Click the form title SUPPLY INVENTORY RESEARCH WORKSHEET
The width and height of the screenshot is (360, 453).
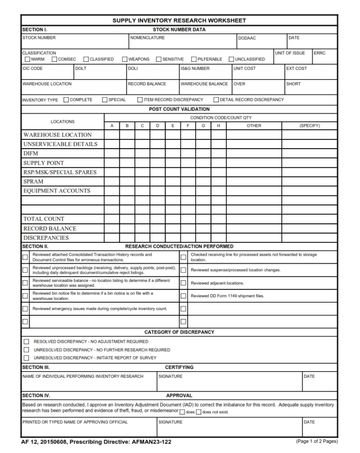(x=179, y=20)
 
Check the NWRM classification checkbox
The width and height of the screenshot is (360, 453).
(x=27, y=59)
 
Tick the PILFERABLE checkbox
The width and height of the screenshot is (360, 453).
(x=194, y=59)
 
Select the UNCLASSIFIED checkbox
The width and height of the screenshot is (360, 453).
(x=231, y=59)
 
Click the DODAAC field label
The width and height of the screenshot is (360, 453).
(x=247, y=38)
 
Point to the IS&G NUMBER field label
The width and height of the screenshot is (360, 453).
(x=195, y=69)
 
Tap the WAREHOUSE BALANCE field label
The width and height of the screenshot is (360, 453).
(x=204, y=84)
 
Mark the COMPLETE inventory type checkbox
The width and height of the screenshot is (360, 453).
(x=66, y=100)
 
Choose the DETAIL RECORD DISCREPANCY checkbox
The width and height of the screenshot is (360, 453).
(x=216, y=100)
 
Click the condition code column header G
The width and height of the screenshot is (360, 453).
(x=203, y=126)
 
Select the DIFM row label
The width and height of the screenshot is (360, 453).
(x=31, y=154)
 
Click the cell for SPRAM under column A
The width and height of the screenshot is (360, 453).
(x=112, y=181)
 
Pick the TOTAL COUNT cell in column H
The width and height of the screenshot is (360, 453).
(x=218, y=219)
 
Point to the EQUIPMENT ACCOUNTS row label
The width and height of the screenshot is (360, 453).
(x=57, y=191)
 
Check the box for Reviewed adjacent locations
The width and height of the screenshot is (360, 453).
(x=183, y=283)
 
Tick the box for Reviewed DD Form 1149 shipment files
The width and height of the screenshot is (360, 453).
(x=183, y=296)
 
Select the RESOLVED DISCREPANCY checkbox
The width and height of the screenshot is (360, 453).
(x=26, y=342)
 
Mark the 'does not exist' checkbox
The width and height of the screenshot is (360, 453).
(x=199, y=412)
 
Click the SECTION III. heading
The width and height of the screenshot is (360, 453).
(x=36, y=367)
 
